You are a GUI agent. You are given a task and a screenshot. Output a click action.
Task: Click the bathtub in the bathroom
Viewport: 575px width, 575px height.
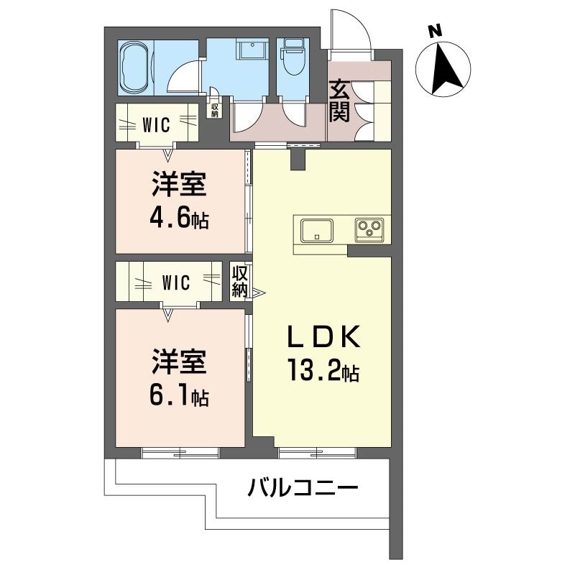pos(135,68)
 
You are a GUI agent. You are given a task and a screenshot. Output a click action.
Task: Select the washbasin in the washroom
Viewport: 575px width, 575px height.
pos(252,50)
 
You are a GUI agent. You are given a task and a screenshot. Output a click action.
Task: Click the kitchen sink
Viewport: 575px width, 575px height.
pos(317,230)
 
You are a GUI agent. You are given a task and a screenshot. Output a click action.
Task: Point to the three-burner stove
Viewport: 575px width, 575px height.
pos(369,230)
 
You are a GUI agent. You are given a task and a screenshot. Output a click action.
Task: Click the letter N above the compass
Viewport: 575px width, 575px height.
pos(436,31)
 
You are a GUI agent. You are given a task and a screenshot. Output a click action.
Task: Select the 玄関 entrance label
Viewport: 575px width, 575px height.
pos(339,101)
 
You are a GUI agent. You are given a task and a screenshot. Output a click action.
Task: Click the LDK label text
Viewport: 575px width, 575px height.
pos(324,336)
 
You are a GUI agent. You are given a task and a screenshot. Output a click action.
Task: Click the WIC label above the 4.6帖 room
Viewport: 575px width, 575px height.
pos(156,124)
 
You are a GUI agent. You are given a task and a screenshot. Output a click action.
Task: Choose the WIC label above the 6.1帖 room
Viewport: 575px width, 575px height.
pos(176,282)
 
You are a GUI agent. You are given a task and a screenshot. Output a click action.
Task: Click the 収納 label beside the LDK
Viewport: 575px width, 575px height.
pos(239,281)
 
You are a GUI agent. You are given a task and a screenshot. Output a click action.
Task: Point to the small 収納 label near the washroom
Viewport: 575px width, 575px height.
pos(214,110)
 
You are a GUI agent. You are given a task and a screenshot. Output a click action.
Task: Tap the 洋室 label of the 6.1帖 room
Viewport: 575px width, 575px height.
pos(179,362)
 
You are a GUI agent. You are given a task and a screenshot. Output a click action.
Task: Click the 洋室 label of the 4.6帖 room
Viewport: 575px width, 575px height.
pos(179,184)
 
